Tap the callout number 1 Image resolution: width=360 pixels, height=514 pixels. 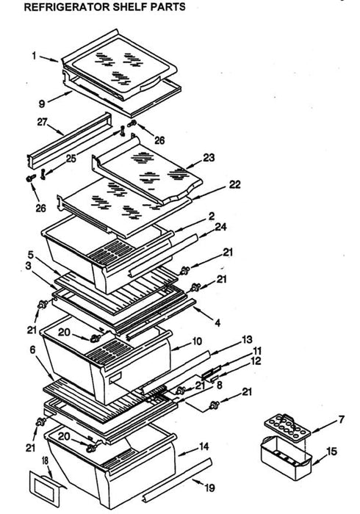point(34,56)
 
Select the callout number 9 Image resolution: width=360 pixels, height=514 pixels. point(42,104)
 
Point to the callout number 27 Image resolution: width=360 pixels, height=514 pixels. point(42,122)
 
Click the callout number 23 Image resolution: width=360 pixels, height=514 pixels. point(209,158)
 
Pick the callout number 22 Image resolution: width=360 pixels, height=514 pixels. point(235,184)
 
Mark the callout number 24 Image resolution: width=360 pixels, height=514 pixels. point(220,227)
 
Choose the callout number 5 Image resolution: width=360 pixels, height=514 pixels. point(31,255)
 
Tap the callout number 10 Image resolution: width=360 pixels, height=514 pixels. point(197,341)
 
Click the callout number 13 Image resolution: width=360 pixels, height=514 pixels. point(247,340)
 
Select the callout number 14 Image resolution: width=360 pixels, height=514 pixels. point(204,446)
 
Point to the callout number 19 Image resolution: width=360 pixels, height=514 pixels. point(210,488)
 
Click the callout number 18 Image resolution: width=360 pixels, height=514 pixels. point(45,460)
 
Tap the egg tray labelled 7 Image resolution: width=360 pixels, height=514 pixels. point(287,425)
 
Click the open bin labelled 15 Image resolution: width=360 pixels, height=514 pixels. point(286,457)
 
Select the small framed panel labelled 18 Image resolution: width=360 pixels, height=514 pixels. point(45,486)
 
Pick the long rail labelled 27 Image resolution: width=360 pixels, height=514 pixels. point(69,141)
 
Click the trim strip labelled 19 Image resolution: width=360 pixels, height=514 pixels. point(177,480)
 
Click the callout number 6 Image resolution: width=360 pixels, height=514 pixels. point(32,350)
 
